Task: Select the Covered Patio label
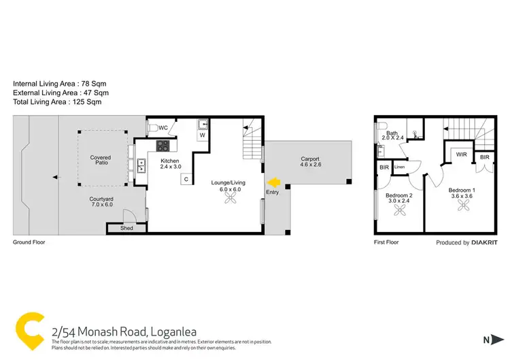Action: [101, 161]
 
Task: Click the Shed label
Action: [126, 229]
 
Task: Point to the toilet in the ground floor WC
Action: [153, 126]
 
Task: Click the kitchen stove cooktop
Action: [164, 145]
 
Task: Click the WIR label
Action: [461, 154]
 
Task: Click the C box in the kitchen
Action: [184, 179]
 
